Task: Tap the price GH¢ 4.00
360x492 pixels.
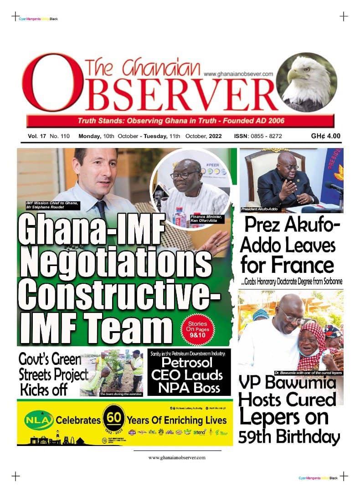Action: pyautogui.click(x=326, y=136)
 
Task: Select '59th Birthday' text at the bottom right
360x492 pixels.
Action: pyautogui.click(x=289, y=437)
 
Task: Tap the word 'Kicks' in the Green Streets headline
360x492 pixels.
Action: pyautogui.click(x=36, y=390)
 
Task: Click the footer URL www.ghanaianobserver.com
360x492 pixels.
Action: pyautogui.click(x=177, y=457)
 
